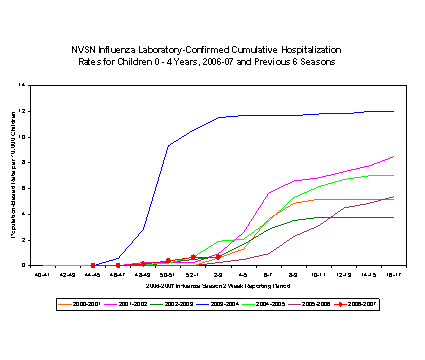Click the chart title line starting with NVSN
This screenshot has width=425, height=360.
point(212,48)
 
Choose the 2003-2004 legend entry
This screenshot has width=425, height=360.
point(230,300)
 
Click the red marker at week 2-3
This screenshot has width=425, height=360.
point(218,257)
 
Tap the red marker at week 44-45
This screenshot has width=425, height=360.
point(92,265)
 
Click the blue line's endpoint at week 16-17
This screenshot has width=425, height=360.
point(393,111)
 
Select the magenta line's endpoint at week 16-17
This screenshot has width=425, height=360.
point(393,156)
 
